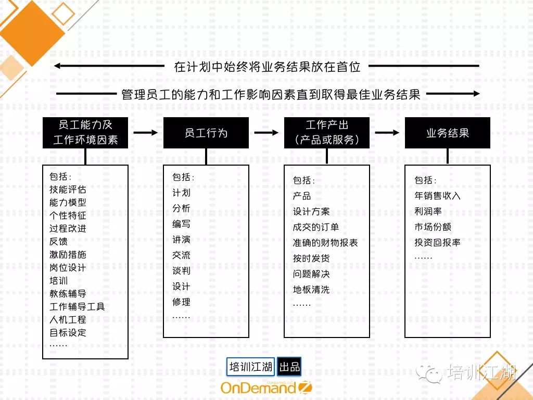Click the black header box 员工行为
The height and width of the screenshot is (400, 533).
tap(206, 133)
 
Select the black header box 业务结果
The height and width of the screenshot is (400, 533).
tap(447, 133)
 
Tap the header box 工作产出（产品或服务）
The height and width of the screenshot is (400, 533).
tap(327, 133)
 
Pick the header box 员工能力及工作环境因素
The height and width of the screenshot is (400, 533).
tap(85, 133)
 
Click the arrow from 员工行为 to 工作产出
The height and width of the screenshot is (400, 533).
tap(266, 132)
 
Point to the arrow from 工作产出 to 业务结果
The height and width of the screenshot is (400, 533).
tap(387, 132)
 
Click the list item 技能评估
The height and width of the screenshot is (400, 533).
tap(68, 190)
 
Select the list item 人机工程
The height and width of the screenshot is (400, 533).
tap(68, 320)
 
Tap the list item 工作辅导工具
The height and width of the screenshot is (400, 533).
tap(77, 307)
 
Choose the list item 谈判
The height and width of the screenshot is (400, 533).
tap(181, 271)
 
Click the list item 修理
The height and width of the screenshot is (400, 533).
tap(181, 302)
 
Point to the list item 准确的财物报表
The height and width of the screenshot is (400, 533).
tap(325, 243)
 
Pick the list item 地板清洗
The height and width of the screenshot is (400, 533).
tap(311, 290)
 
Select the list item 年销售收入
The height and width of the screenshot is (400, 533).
tap(437, 196)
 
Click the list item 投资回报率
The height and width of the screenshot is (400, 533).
tap(437, 243)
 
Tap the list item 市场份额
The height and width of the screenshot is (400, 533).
tap(433, 227)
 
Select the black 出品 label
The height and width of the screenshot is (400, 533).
tap(289, 367)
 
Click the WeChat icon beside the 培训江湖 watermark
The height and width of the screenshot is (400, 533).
tap(429, 374)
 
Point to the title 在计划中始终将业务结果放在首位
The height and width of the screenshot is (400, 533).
tap(267, 67)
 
